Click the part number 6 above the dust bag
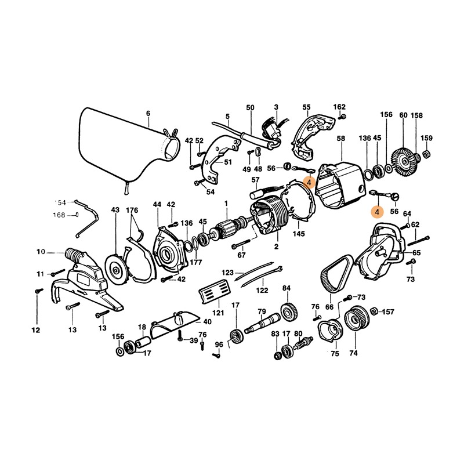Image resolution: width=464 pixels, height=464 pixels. pos(148,113)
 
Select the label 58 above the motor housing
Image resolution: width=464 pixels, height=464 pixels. pos(341,139)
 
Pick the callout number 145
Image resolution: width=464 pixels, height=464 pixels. pos(299,234)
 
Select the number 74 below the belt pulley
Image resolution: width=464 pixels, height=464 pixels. pos(353,353)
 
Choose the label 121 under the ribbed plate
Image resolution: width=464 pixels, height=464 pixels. pos(217,313)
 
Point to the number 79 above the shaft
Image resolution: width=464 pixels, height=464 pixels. pos(262,311)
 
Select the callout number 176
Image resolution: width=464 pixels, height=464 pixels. pos(132,209)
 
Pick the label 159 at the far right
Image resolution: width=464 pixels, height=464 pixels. pos(426,138)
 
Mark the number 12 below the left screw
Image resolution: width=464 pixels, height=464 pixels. pos(36,331)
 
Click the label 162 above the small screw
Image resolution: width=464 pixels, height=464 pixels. pos(339,107)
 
